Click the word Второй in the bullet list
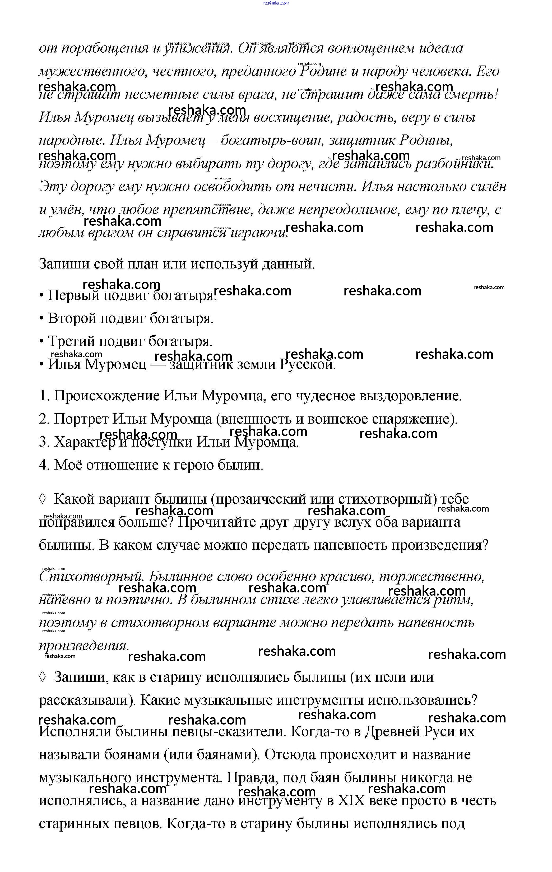tap(72, 319)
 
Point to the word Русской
tap(307, 365)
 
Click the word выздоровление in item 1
tap(410, 396)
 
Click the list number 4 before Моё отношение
tap(43, 465)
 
